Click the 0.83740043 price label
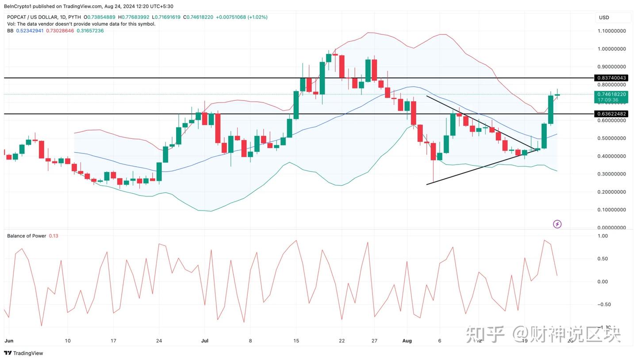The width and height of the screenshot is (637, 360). (x=611, y=78)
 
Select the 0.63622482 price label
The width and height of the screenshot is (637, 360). (x=611, y=114)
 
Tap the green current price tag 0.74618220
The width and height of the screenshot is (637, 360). (x=611, y=94)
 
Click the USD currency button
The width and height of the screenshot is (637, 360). (x=604, y=18)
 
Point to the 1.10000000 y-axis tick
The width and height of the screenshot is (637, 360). (x=611, y=31)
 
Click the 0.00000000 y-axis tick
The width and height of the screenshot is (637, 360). (x=611, y=228)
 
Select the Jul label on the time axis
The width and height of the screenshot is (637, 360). (x=204, y=341)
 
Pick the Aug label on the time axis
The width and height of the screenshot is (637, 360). (x=407, y=341)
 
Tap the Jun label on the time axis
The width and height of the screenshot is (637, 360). (x=8, y=341)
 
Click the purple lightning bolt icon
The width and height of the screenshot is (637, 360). (x=557, y=224)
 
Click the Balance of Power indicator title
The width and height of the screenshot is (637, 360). (x=27, y=236)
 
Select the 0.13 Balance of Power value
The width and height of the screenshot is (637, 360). (x=54, y=236)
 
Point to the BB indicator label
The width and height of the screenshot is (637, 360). (x=10, y=31)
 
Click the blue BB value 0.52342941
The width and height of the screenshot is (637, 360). (x=30, y=31)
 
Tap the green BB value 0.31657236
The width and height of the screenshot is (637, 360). (x=90, y=31)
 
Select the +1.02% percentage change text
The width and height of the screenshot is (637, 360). (x=257, y=17)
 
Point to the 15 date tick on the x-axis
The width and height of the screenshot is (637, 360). (x=296, y=341)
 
